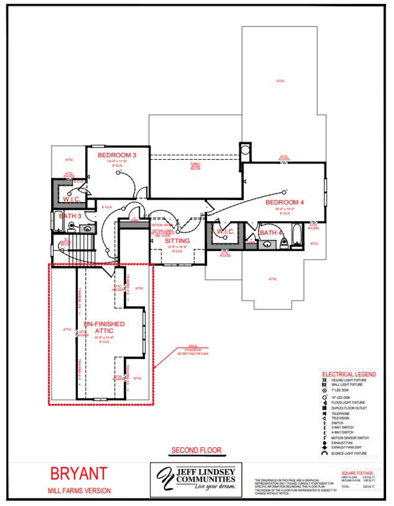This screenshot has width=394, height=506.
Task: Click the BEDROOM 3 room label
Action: pyautogui.click(x=117, y=155)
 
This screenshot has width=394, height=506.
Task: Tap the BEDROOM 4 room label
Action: pyautogui.click(x=284, y=202)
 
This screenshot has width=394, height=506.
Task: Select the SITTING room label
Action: pyautogui.click(x=177, y=241)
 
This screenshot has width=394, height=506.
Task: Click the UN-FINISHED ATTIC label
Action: pyautogui.click(x=104, y=327)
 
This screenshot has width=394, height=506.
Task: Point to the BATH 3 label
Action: pyautogui.click(x=70, y=216)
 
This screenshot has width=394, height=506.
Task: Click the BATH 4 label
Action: pyautogui.click(x=271, y=233)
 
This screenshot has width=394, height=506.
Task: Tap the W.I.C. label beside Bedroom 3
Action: pyautogui.click(x=72, y=199)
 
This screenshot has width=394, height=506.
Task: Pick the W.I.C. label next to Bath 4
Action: pyautogui.click(x=226, y=231)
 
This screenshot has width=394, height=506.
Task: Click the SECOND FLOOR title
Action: pyautogui.click(x=196, y=450)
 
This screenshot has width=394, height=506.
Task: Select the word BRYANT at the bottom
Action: pyautogui.click(x=79, y=474)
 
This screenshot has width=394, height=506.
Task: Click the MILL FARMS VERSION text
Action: pyautogui.click(x=79, y=491)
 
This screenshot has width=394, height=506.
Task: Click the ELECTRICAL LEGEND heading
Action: pyautogui.click(x=349, y=374)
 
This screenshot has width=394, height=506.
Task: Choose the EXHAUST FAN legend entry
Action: pyautogui.click(x=342, y=443)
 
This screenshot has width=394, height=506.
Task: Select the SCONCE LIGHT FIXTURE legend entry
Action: pyautogui.click(x=348, y=453)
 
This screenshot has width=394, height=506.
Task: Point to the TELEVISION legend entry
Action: pyautogui.click(x=340, y=418)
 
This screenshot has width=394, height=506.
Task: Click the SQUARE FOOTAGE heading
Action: pyautogui.click(x=357, y=473)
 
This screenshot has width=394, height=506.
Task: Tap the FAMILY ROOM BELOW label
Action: pyautogui.click(x=195, y=166)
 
